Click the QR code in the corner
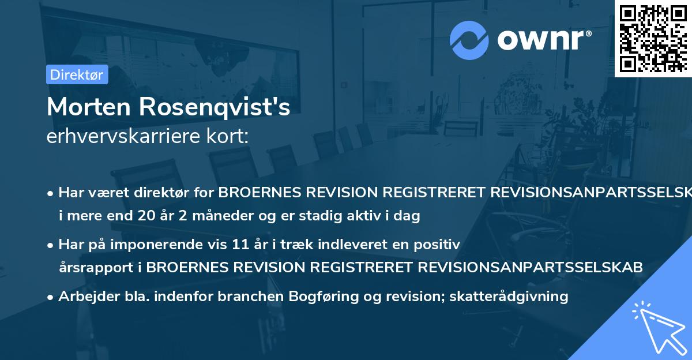(x=652, y=38)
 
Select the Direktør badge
(x=77, y=74)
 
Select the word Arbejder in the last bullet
(x=84, y=297)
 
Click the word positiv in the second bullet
(x=441, y=244)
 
